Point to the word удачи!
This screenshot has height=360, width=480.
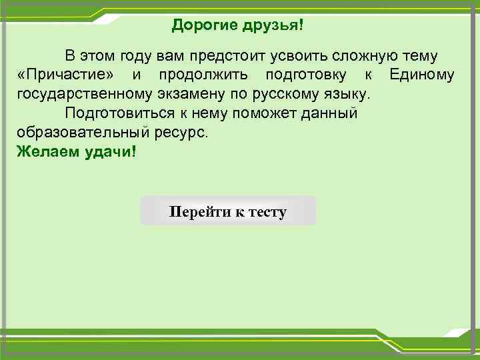(x=111, y=151)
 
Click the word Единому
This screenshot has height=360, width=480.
(x=422, y=74)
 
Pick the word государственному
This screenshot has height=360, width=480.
(x=85, y=93)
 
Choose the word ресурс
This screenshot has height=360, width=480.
(x=181, y=132)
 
